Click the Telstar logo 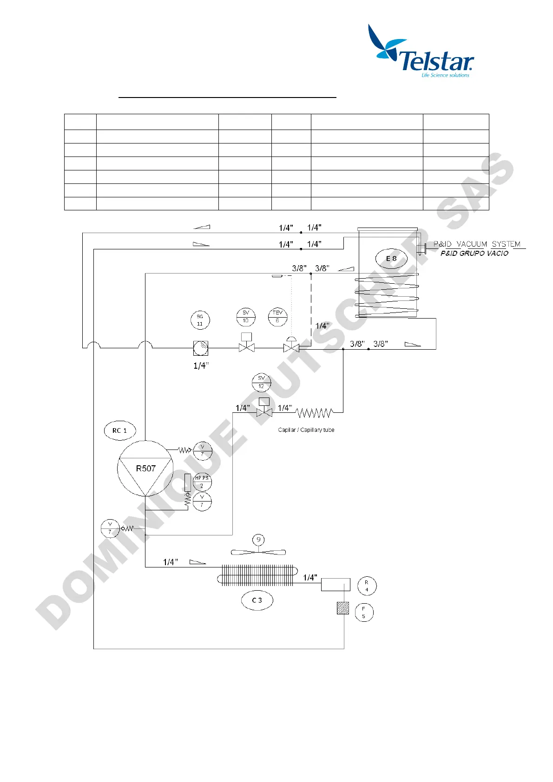(420, 51)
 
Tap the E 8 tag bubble (391, 259)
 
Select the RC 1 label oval (119, 430)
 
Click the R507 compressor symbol (145, 469)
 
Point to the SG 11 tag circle (200, 320)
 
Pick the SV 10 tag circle (246, 317)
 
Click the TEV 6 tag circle (277, 317)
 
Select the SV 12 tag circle (261, 382)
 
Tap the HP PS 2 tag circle (202, 482)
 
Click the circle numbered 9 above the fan (258, 540)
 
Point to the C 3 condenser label (257, 600)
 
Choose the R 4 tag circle (367, 586)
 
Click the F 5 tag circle (364, 613)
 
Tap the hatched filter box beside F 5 (343, 608)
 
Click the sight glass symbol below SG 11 (201, 348)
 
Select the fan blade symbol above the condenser (258, 552)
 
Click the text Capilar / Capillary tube (306, 430)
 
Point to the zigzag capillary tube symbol (315, 412)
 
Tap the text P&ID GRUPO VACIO (474, 254)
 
